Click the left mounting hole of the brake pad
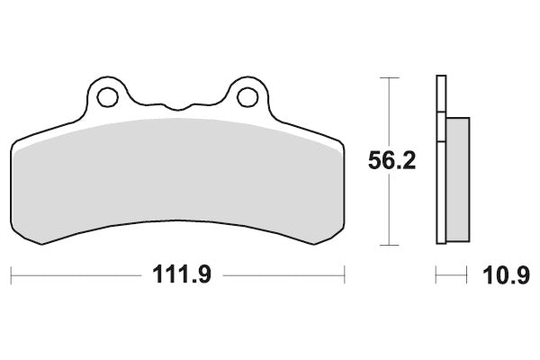tap(108, 97)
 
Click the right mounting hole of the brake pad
tap(247, 97)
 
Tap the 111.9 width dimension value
tap(182, 274)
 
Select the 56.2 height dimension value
tap(391, 160)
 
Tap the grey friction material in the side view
tap(458, 179)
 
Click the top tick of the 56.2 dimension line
tap(389, 78)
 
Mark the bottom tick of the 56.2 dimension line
tap(389, 246)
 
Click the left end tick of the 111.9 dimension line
tap(11, 274)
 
